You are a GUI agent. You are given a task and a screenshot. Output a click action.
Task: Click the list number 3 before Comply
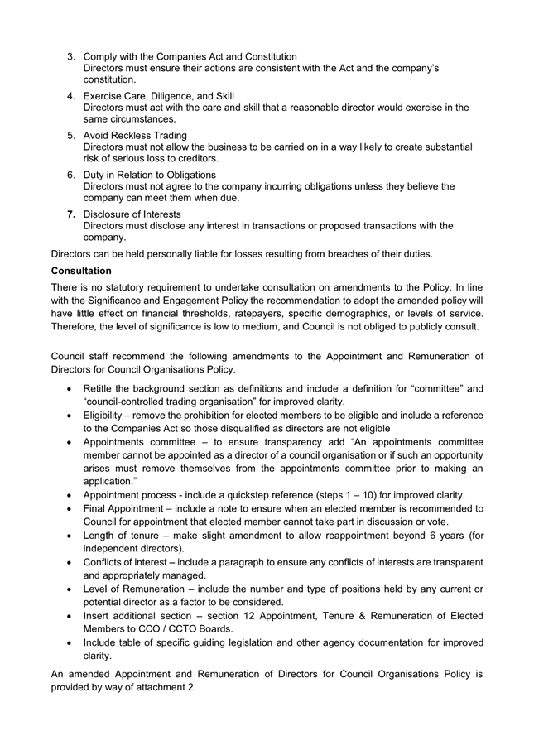click(71, 56)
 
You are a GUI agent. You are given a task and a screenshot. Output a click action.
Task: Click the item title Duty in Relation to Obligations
click(150, 175)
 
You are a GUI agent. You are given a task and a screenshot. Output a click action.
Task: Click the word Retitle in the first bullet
click(101, 389)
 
